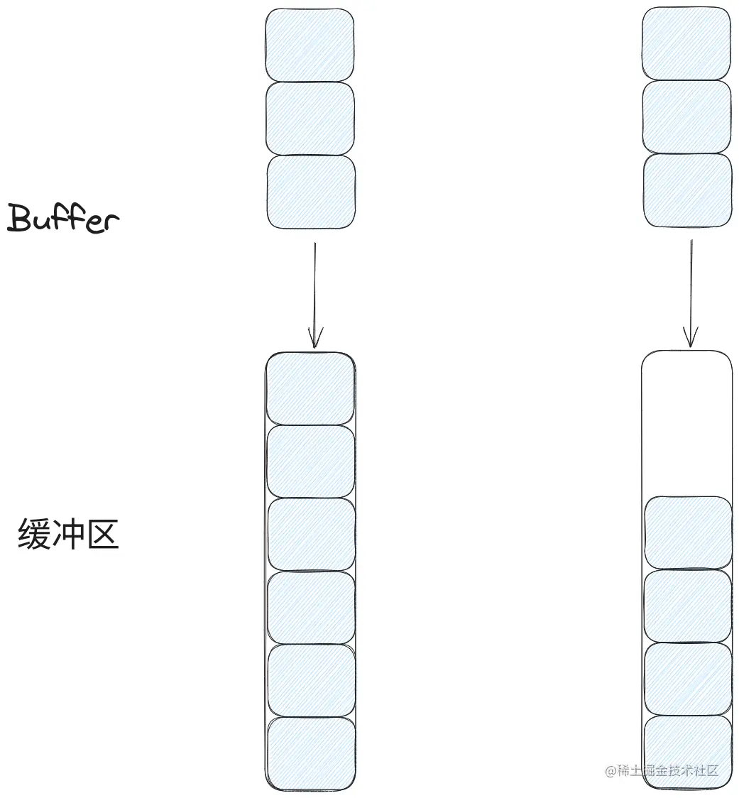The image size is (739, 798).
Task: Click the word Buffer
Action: [x=62, y=219]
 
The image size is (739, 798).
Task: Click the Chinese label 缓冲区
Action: [x=67, y=534]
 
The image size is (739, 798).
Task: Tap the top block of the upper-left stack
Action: [x=310, y=45]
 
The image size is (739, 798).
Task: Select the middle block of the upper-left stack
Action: [x=310, y=119]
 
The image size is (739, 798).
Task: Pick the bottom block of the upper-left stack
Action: [x=310, y=192]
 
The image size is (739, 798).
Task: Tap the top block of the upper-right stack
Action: [x=686, y=43]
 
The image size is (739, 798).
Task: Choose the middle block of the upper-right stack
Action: [x=686, y=116]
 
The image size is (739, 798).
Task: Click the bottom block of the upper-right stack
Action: [x=687, y=190]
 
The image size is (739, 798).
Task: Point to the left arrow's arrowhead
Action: [x=314, y=339]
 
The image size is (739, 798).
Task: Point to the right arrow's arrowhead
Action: [x=690, y=338]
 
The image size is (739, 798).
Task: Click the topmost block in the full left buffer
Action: [x=310, y=388]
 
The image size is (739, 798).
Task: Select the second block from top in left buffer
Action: [x=310, y=461]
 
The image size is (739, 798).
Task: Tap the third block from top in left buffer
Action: [x=311, y=535]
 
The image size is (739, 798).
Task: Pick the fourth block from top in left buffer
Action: [x=311, y=608]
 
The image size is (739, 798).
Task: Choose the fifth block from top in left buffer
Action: [x=311, y=680]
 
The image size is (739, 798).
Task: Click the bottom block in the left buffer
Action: [x=311, y=753]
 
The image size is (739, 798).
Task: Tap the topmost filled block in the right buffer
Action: [x=687, y=533]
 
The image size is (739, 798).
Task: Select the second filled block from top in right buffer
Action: [x=687, y=606]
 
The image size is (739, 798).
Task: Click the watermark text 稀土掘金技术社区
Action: [x=662, y=770]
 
